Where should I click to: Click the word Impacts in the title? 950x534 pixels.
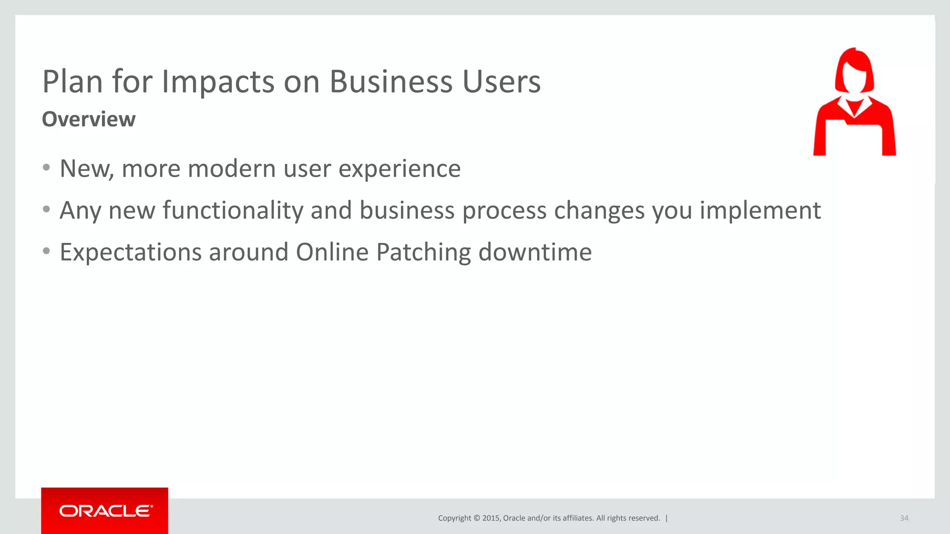point(218,82)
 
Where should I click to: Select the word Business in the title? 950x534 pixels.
point(391,82)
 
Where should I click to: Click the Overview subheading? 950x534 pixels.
point(89,119)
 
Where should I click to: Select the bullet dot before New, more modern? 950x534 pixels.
point(46,167)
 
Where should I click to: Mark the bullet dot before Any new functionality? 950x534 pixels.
point(46,210)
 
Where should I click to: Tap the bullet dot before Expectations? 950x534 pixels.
point(46,251)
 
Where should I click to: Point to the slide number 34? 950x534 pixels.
point(904,518)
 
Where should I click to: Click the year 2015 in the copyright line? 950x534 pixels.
point(491,518)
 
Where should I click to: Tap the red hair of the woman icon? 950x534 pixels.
point(854,58)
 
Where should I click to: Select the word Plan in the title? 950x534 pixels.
point(72,82)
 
